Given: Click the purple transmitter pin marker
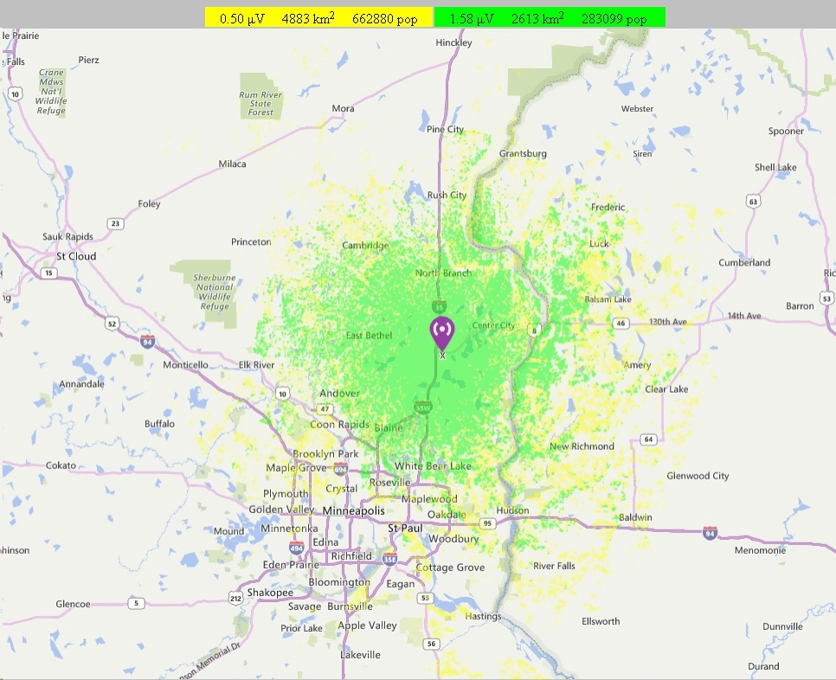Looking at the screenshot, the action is [442, 332].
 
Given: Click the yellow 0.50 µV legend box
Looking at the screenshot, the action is [318, 18].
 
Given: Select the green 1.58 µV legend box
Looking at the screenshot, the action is [549, 18].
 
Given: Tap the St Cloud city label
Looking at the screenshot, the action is [76, 257].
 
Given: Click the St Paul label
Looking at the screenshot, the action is [404, 528].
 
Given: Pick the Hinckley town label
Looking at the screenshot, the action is [454, 42].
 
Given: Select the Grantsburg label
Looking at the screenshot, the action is [523, 154].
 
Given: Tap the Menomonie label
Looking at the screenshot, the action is [760, 550].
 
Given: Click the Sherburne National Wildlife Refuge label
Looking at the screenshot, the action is [215, 292].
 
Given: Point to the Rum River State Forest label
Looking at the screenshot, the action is [260, 104].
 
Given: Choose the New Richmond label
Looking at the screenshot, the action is [582, 446].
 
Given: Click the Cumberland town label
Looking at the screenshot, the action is [744, 263].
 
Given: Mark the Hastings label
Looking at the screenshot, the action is [483, 617].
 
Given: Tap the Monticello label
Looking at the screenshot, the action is [185, 365].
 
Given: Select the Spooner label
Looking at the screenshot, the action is [786, 132].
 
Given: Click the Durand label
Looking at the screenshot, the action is [763, 666].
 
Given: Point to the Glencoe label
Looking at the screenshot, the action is [73, 604].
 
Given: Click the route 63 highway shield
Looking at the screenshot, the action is [754, 202].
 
